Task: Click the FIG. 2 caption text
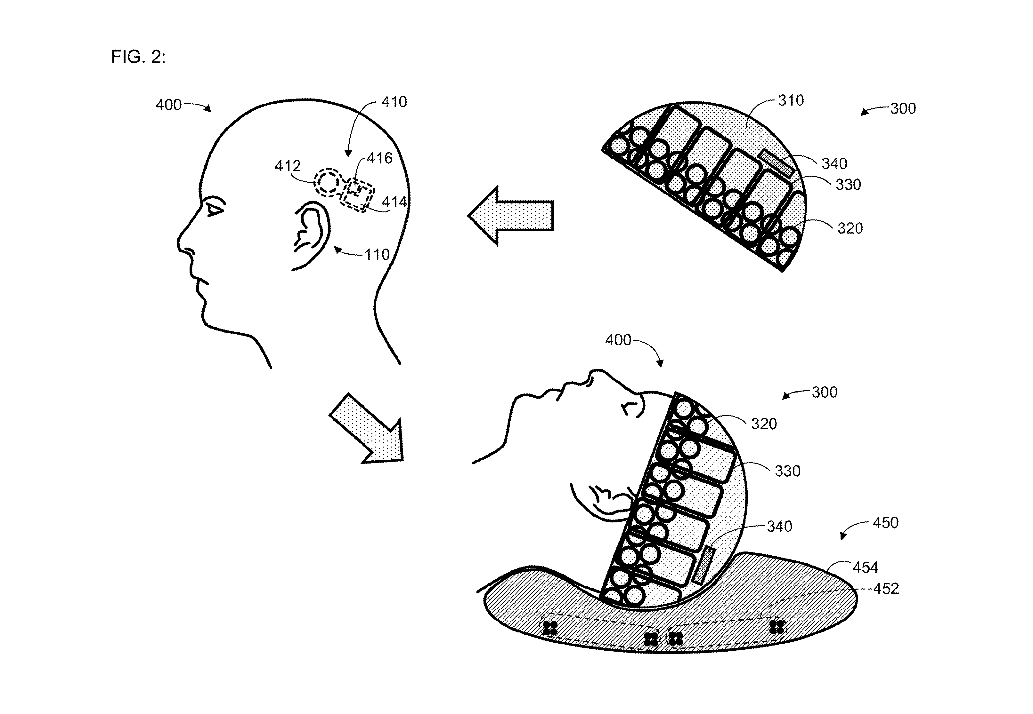[x=138, y=57]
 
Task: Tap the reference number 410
[x=394, y=102]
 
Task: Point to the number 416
[x=379, y=158]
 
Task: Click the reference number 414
[x=394, y=202]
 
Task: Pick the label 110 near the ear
[x=377, y=255]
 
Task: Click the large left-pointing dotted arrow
[x=511, y=216]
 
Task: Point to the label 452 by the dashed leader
[x=886, y=589]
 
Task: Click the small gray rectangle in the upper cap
[x=776, y=163]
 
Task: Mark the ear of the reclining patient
[x=602, y=500]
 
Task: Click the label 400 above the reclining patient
[x=618, y=340]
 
